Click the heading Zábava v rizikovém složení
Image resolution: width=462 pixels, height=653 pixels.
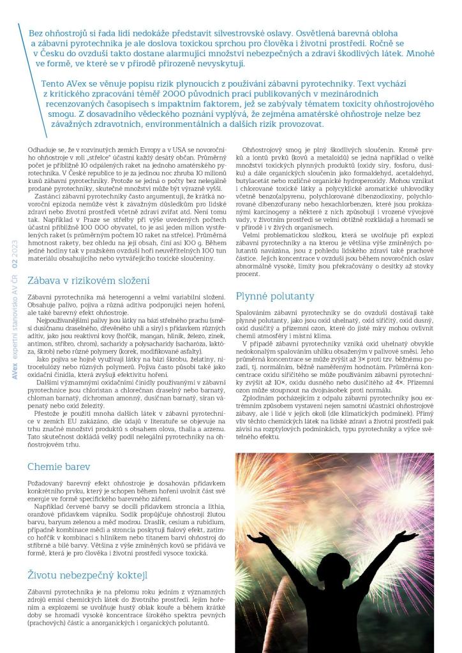(x=89, y=280)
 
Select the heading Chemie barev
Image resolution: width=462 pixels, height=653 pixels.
(x=59, y=466)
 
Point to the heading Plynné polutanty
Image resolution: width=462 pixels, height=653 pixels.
(x=275, y=296)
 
